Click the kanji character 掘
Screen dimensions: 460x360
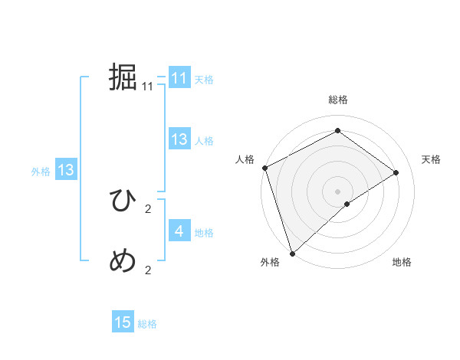(x=123, y=77)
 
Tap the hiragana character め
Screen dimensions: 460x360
(x=123, y=261)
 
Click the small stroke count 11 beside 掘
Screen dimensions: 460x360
(x=148, y=87)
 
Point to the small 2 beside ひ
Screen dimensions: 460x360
(x=148, y=209)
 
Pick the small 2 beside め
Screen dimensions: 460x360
(x=148, y=270)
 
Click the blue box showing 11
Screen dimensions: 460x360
(x=179, y=78)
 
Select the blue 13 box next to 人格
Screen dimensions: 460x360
(x=179, y=139)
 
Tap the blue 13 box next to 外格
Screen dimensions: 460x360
(x=66, y=170)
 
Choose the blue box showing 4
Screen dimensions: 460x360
(x=179, y=231)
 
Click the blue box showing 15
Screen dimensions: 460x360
(x=123, y=322)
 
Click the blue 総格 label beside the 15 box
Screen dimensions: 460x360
(x=147, y=324)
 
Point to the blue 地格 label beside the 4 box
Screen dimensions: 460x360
(x=204, y=233)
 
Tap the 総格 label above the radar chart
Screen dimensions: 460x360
(x=337, y=100)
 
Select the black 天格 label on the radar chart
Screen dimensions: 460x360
(x=431, y=159)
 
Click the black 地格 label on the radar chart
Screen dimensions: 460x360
(x=402, y=263)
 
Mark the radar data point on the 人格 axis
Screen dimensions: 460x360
(x=264, y=168)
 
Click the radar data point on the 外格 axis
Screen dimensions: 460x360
(x=292, y=253)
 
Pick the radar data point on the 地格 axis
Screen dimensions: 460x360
(x=347, y=204)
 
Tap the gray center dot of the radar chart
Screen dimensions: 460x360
(x=337, y=191)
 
